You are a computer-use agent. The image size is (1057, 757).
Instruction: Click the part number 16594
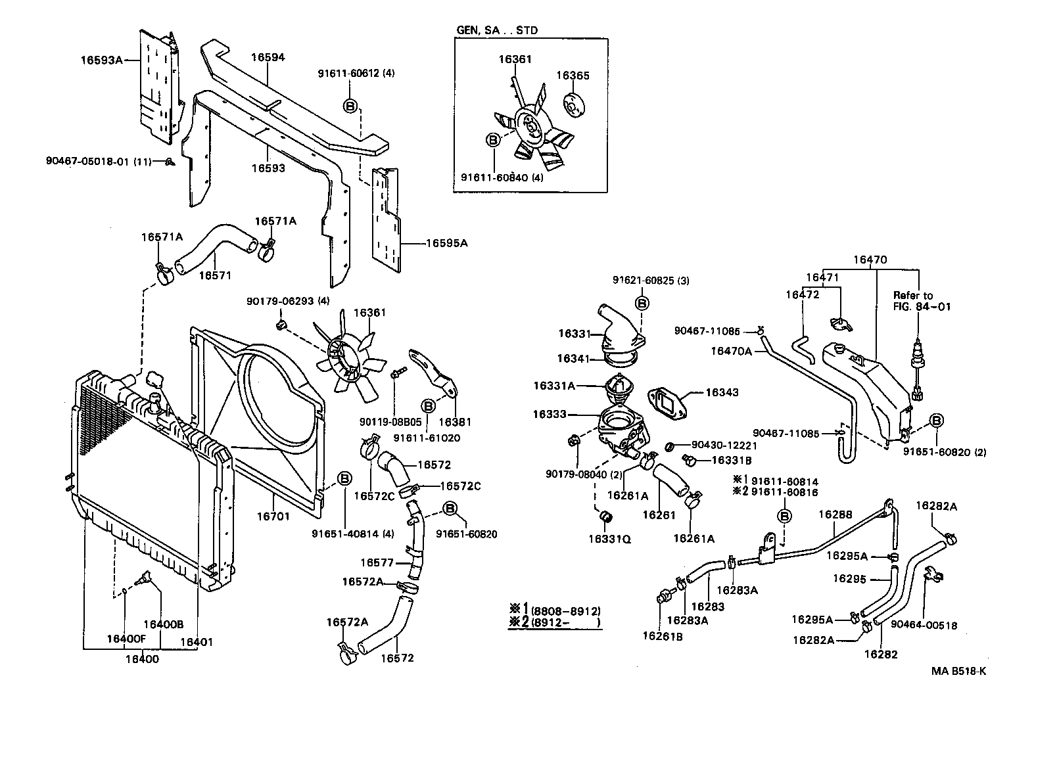(268, 57)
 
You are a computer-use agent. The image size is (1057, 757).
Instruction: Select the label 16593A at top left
(102, 60)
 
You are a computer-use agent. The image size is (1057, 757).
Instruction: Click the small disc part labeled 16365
(575, 106)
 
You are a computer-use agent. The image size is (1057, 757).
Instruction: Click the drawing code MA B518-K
(958, 671)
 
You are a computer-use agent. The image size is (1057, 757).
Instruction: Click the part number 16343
(722, 392)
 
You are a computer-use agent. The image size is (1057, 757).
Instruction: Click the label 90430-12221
(719, 446)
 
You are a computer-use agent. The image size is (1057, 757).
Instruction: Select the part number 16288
(835, 515)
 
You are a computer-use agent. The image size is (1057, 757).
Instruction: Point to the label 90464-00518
(924, 626)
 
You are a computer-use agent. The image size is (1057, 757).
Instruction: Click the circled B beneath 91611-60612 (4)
(350, 105)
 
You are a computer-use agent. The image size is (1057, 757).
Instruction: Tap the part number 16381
(456, 422)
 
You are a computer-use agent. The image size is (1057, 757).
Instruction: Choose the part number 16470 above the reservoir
(870, 260)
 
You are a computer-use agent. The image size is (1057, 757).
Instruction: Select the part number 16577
(377, 562)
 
